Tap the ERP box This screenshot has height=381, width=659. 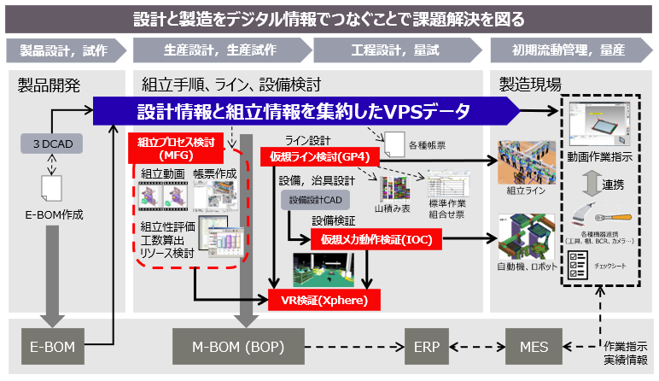point(426,349)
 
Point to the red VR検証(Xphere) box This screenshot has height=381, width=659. point(324,300)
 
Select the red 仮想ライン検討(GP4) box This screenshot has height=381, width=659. point(315,156)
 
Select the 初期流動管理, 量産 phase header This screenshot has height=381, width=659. point(570,50)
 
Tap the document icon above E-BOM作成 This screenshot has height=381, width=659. point(50,183)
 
